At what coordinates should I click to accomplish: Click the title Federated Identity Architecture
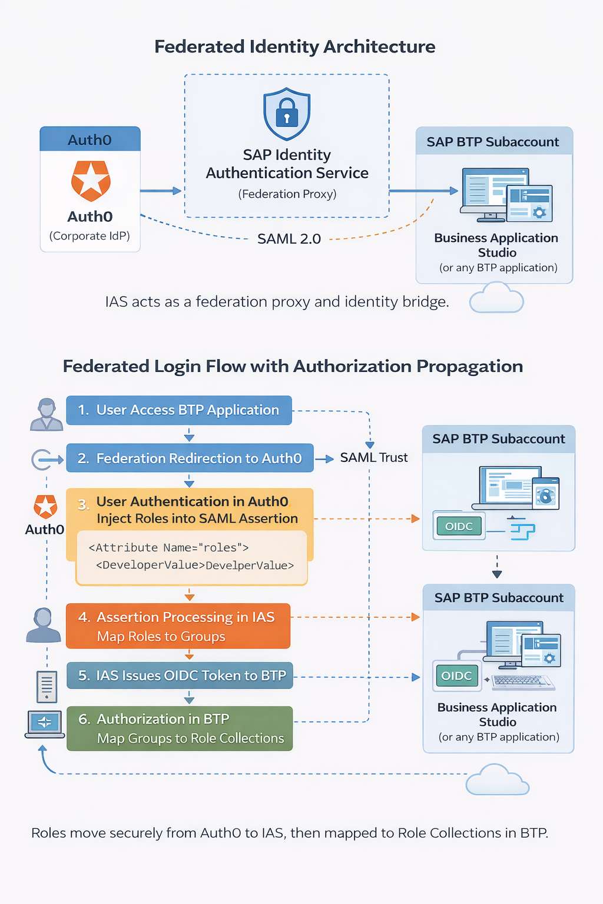294,46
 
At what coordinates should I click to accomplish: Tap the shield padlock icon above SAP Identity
287,114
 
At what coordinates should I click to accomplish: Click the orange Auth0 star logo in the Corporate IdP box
91,181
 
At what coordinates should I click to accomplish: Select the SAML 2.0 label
289,239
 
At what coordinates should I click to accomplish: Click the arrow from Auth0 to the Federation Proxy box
161,191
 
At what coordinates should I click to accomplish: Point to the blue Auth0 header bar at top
90,139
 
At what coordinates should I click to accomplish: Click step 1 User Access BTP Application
179,410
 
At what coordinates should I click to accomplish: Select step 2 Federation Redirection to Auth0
190,458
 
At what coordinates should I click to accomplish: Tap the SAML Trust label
373,458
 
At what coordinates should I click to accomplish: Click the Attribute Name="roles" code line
168,547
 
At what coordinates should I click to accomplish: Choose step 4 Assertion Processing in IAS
178,626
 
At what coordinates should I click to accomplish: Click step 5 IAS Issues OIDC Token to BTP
180,676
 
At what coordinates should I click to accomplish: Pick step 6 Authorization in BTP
180,728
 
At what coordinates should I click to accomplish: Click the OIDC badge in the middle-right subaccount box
459,526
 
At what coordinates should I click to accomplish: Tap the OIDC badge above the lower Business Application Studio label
457,676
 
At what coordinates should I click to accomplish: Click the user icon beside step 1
47,414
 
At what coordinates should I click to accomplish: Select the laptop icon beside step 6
45,724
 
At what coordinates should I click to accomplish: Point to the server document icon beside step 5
47,686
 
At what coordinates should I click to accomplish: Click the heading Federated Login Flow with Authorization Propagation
293,366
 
